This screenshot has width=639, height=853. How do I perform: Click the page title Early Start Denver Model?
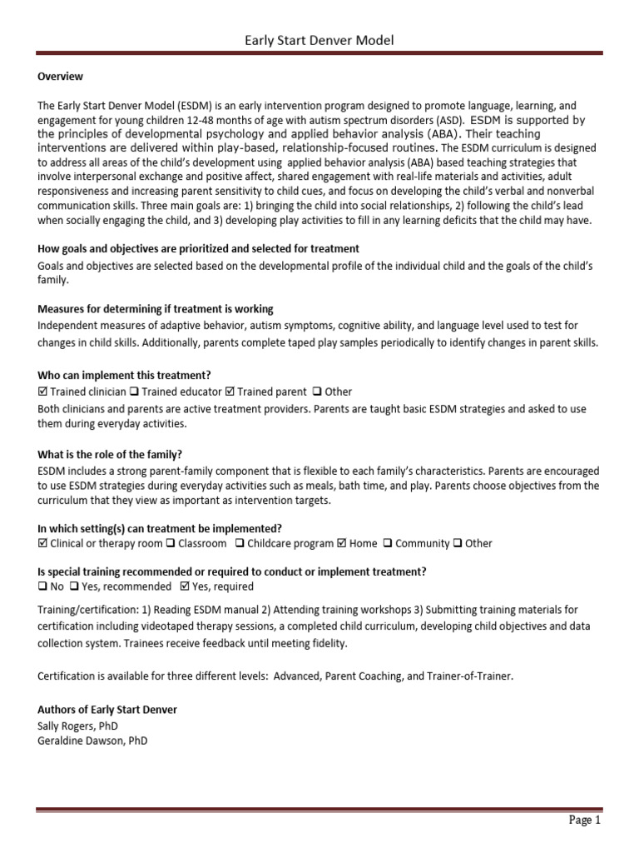coord(319,40)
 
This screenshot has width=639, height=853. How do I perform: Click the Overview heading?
coord(61,77)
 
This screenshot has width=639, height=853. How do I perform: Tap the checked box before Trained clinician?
coord(42,392)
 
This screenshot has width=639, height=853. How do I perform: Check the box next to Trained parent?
coord(230,392)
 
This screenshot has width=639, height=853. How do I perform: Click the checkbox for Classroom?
coord(170,543)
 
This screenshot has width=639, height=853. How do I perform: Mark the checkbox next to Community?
coord(388,543)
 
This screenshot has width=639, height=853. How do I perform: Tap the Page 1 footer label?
coord(584,820)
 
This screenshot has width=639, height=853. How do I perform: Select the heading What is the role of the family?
coord(110,455)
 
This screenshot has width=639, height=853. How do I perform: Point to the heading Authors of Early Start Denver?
coord(107,710)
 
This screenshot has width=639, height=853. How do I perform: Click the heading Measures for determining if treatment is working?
coord(156,309)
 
